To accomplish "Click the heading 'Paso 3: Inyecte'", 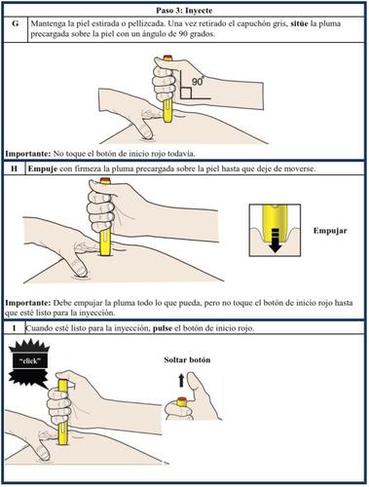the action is point(184,11).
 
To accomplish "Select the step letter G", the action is point(16,23).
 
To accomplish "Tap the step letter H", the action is point(14,169).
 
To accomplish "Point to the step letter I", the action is point(14,328).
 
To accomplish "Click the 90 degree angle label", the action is point(198,81).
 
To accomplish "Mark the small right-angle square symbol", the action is point(186,94).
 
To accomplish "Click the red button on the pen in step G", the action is point(167,58).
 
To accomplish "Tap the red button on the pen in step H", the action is point(105,180).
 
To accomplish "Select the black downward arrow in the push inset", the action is point(276,241).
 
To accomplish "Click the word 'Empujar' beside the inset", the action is point(330,231).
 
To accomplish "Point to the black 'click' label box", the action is point(29,361).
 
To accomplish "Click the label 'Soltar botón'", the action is point(187,359).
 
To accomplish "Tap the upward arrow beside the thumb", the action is point(181,380).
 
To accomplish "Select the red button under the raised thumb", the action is point(182,399).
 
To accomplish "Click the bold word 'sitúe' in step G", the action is point(298,23).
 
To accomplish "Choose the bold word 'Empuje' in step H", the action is point(43,169).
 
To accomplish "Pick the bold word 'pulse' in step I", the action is point(163,328).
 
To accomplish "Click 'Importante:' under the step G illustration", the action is point(28,154).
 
